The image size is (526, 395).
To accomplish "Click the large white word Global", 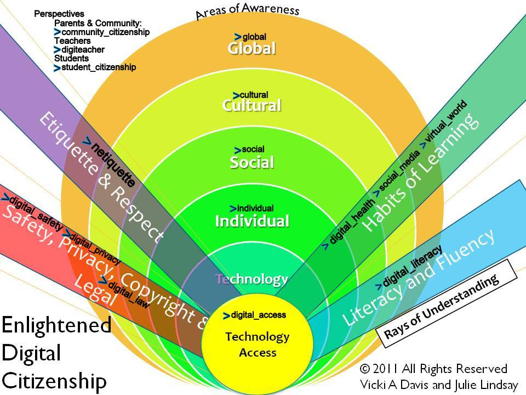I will tap(251, 48).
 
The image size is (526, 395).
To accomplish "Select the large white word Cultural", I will tap(251, 105).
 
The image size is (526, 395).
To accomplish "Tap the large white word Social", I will tap(251, 162).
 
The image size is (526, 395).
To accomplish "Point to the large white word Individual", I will tap(251, 221).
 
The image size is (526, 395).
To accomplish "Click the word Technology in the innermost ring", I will tap(251, 279).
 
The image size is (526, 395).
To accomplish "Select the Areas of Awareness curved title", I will tap(248, 10).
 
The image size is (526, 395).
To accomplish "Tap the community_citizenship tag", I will tap(105, 32).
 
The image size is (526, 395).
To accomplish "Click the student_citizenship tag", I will tap(98, 67).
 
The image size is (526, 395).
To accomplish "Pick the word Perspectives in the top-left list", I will tap(59, 14).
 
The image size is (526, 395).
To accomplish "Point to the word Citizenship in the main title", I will tap(54, 380).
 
